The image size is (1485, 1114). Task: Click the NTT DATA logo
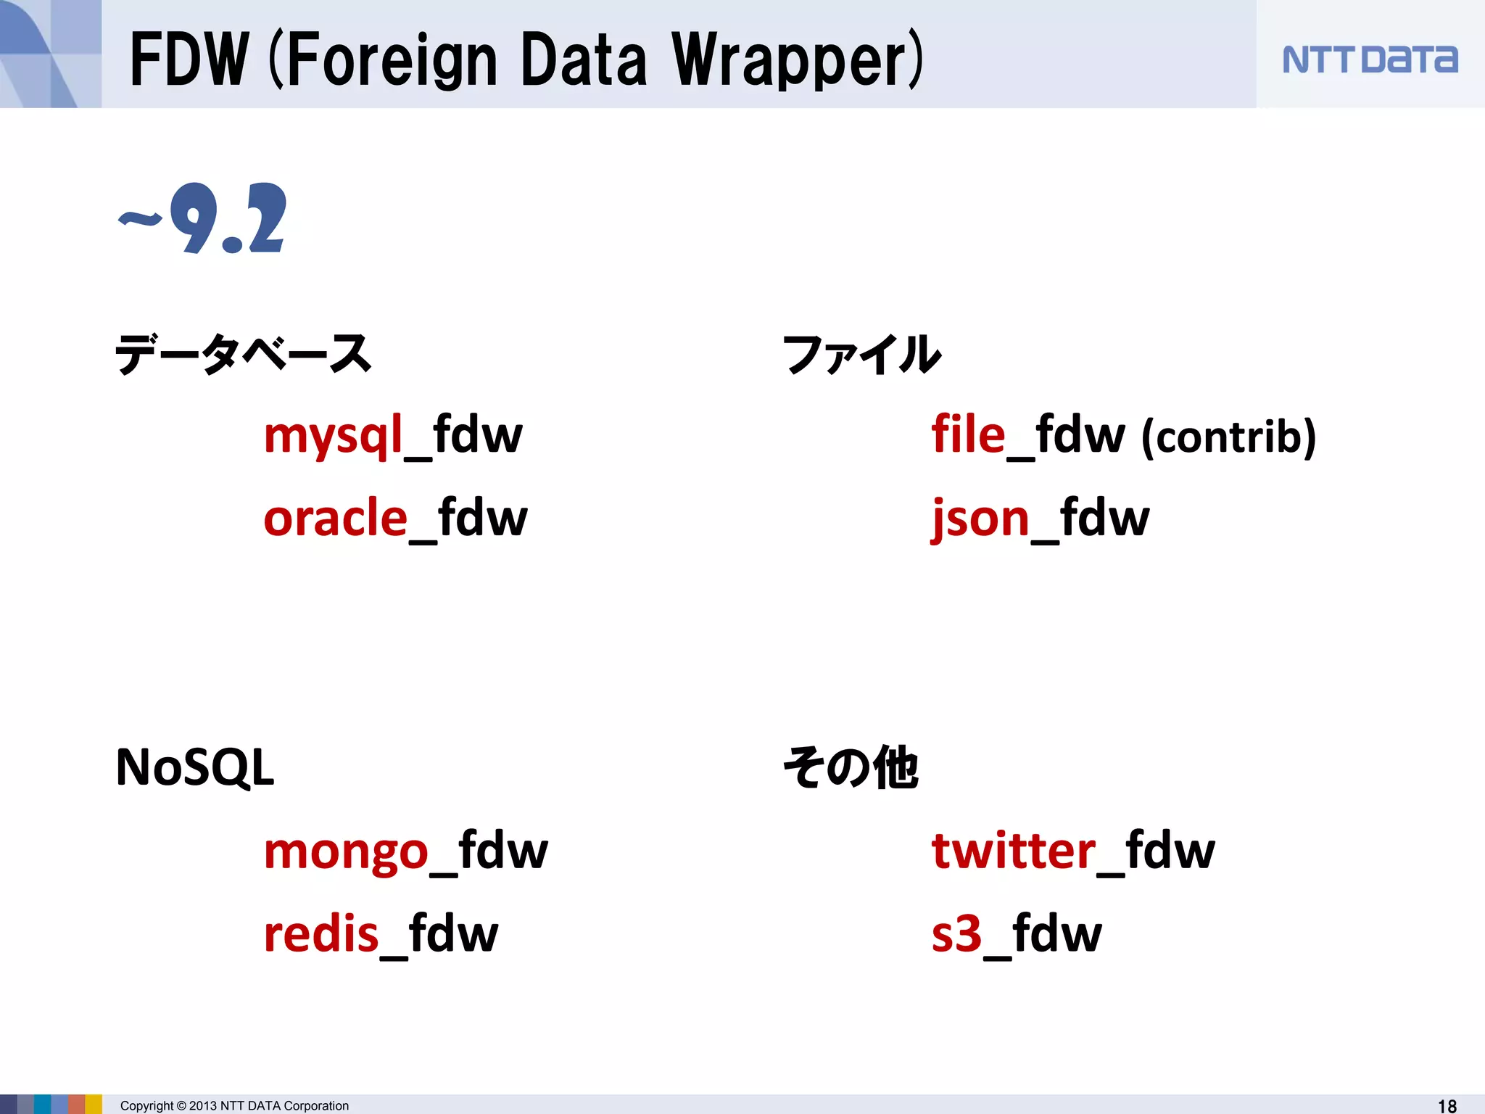tap(1369, 59)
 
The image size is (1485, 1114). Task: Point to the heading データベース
tap(244, 354)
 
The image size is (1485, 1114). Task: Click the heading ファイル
tap(861, 354)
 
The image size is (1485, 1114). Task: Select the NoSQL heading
tap(195, 767)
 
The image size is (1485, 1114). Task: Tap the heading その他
tap(851, 767)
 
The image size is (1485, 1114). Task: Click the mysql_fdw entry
tap(392, 435)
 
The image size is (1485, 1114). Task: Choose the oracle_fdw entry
tap(395, 518)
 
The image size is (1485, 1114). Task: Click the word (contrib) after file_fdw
tap(1228, 437)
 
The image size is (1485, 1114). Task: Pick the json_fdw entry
tap(1040, 518)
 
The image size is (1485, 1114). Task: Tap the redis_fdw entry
tap(381, 933)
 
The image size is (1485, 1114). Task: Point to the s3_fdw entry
tap(1016, 933)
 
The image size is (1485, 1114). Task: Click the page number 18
tap(1447, 1105)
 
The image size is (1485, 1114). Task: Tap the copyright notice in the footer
tap(234, 1105)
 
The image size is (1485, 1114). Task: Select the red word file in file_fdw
tap(968, 435)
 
